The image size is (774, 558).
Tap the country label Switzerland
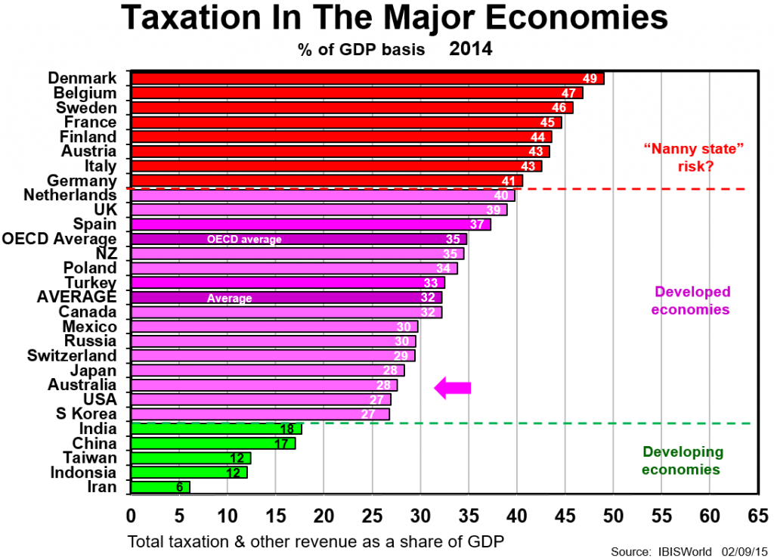tap(73, 355)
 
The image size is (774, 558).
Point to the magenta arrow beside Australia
tap(452, 388)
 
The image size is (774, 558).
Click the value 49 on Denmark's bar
tap(590, 79)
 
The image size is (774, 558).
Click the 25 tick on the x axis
tap(372, 516)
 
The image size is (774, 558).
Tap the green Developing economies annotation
tap(683, 460)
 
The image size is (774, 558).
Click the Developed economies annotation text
tap(692, 300)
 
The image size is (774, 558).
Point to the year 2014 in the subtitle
tap(471, 50)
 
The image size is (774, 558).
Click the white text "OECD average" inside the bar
tap(244, 240)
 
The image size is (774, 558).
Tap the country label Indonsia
tap(83, 473)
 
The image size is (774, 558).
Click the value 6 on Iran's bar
tap(179, 488)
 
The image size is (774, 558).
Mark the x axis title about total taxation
tap(315, 541)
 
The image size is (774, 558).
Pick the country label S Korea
tap(86, 414)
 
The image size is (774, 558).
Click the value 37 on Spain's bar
tap(476, 225)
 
